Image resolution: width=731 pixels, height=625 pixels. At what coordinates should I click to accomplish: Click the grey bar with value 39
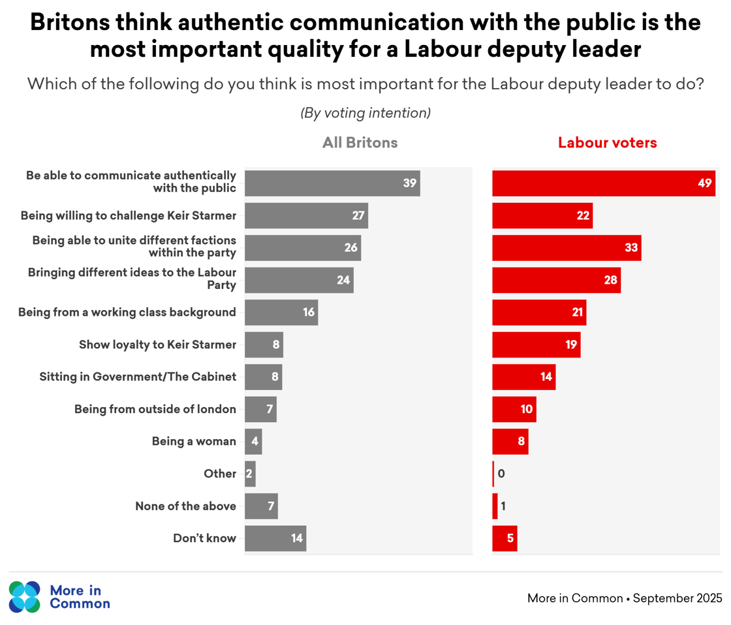pos(332,183)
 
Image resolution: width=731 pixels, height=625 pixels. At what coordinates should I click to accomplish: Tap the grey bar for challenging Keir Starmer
pos(306,215)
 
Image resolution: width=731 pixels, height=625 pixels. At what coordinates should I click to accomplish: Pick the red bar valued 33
pos(566,248)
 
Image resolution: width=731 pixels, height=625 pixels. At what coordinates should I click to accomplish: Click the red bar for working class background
pos(538,312)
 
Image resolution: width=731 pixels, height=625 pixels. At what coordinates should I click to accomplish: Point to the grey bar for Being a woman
pos(253,442)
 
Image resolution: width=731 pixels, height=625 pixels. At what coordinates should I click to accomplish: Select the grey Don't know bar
pos(275,539)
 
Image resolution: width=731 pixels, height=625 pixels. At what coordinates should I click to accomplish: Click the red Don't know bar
pos(504,539)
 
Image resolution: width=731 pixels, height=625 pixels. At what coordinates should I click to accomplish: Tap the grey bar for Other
pos(250,474)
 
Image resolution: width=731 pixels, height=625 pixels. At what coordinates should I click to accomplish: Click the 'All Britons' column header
pos(360,143)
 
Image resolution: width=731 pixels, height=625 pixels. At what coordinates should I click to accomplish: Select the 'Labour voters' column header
pos(607,143)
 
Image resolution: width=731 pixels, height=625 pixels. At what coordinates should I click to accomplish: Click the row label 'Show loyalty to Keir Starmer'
pos(157,344)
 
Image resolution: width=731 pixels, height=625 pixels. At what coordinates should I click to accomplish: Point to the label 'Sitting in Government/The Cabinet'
pos(137,377)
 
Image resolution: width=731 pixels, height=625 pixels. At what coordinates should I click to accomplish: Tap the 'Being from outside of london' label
pos(155,410)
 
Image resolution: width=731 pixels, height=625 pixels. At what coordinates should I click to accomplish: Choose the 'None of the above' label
pos(185,506)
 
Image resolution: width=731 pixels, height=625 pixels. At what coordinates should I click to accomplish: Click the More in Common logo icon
pos(25,596)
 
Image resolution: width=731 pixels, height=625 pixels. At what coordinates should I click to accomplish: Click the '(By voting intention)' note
pos(365,113)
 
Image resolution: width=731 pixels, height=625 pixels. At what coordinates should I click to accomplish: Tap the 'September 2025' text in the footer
pos(677,598)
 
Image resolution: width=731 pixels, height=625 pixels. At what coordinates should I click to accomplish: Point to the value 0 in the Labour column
pos(501,474)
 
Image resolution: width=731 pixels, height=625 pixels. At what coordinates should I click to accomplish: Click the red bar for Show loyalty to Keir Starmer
pos(535,344)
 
